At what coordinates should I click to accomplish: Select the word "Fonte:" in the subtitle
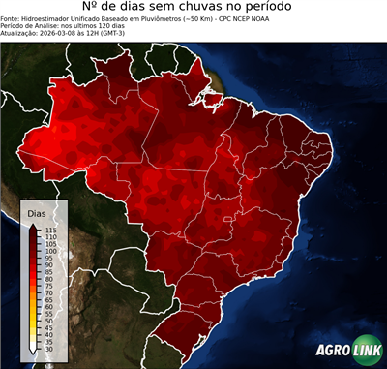click(x=11, y=17)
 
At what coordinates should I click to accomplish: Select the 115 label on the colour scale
click(x=50, y=230)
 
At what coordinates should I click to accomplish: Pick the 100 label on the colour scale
click(x=50, y=251)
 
